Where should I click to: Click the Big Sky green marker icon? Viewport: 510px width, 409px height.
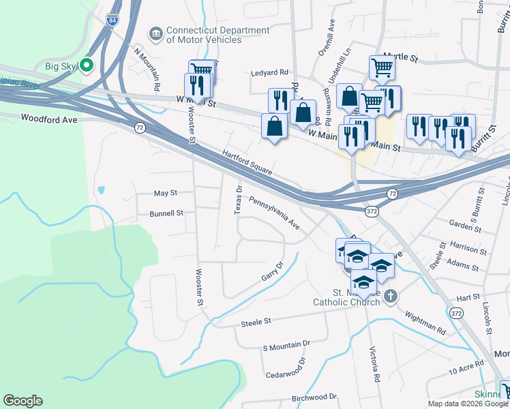tap(87, 65)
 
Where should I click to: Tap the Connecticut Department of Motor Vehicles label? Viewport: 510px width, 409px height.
tap(208, 35)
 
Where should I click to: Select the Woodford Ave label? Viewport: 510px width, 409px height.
tap(50, 118)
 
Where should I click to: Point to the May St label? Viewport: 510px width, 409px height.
tap(165, 194)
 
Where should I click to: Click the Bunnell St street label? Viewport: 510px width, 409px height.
tap(167, 213)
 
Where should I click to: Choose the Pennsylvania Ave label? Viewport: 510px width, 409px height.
tap(274, 212)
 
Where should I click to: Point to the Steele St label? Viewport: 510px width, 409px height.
tap(256, 320)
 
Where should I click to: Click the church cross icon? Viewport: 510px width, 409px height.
tap(389, 296)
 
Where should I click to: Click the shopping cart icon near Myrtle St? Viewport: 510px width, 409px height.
tap(381, 67)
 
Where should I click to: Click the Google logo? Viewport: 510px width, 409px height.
tap(23, 401)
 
